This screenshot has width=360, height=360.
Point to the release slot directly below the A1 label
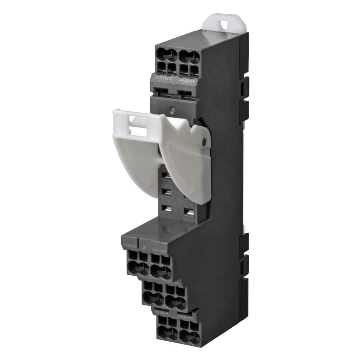coord(165,92)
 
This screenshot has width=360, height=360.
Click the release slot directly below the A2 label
coord(187,94)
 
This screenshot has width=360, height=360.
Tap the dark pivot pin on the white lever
coord(204,143)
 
